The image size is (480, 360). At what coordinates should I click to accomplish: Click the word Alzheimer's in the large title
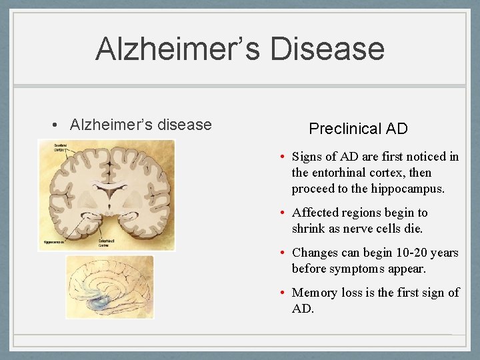[176, 49]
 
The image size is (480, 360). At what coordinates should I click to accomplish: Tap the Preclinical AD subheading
[358, 129]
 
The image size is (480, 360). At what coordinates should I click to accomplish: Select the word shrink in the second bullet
[309, 229]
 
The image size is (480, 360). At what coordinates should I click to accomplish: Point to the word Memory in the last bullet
[314, 293]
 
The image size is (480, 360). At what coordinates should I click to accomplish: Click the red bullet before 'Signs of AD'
[283, 157]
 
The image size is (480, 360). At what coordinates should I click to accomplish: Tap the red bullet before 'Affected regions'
[283, 213]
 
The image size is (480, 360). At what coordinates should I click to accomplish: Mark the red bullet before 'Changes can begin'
[283, 253]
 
